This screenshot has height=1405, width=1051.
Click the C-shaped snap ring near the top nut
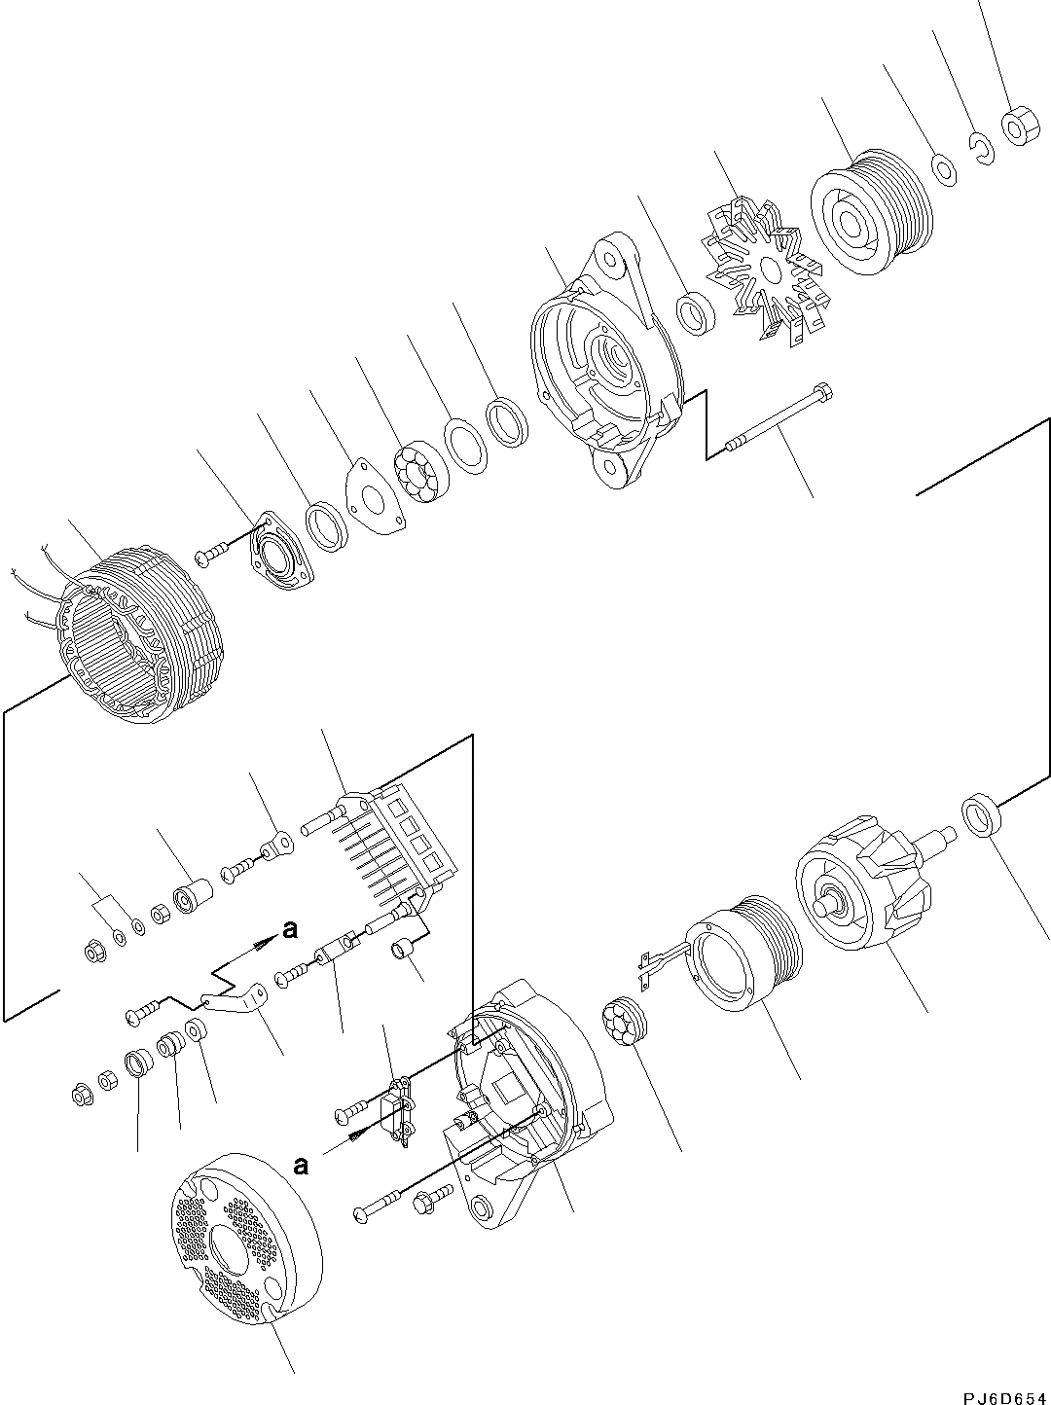coord(982,148)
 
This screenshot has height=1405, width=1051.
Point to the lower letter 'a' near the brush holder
coord(301,1165)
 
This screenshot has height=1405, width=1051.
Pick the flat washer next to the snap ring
coord(943,167)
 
